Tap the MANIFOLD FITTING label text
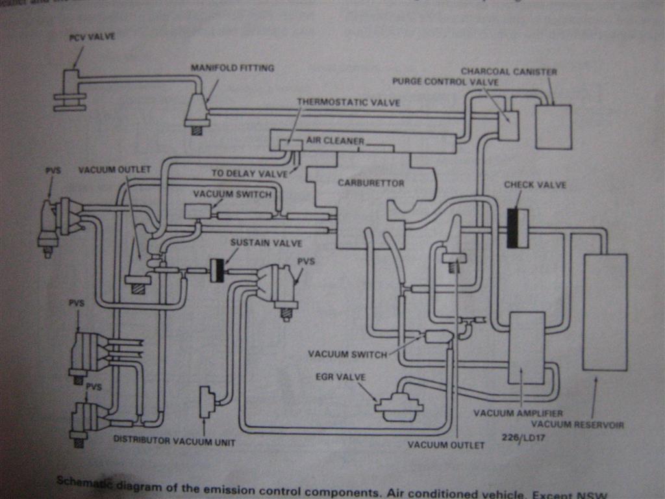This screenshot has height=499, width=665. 232,68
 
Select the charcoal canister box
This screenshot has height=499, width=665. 553,127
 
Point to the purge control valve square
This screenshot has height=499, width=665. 508,125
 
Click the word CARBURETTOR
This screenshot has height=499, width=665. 371,183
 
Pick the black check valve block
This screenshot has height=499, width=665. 516,229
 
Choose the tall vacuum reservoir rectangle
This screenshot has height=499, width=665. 605,312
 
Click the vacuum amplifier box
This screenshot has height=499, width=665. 526,348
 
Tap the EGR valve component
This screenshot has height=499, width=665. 399,405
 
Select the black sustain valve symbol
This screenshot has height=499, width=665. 217,270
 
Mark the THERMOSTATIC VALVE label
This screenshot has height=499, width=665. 348,103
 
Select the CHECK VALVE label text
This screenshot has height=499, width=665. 535,185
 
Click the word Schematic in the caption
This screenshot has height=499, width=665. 84,481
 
